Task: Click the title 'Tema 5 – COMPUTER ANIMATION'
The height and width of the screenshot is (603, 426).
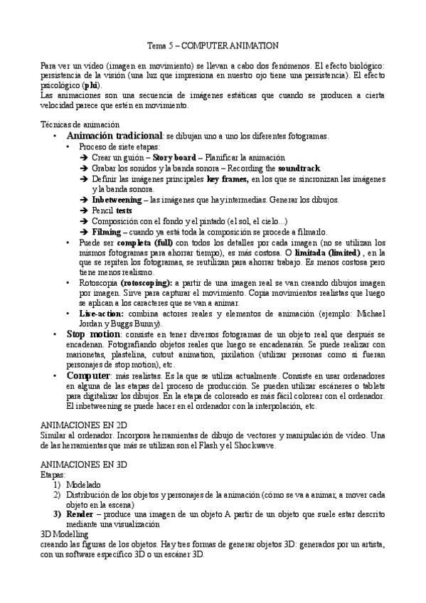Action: tap(212, 45)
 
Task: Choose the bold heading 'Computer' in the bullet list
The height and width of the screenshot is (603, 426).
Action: tap(88, 375)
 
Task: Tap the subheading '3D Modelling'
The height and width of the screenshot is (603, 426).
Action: tap(65, 533)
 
